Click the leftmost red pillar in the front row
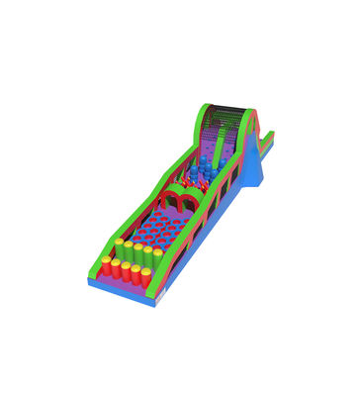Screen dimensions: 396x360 click(106, 266)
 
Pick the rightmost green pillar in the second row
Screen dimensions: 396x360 click(156, 256)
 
